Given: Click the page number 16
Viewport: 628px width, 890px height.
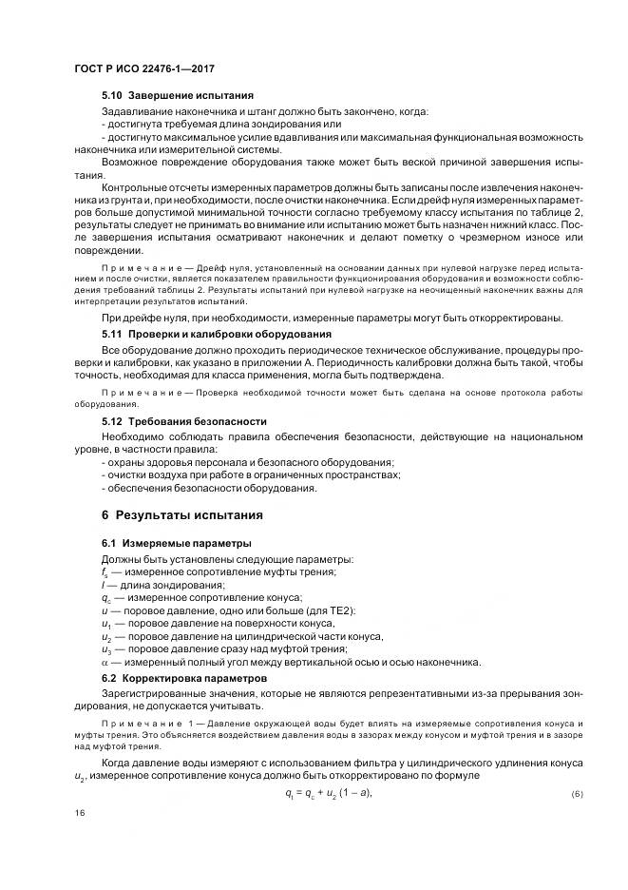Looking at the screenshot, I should (80, 813).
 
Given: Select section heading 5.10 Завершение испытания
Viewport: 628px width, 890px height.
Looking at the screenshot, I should (177, 97).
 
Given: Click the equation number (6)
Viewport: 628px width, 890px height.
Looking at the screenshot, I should (577, 793).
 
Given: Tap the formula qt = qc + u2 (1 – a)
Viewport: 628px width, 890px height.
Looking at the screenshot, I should (328, 792).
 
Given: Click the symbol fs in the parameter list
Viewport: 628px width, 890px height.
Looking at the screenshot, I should (105, 571).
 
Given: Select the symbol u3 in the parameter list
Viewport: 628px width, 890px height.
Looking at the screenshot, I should (106, 649).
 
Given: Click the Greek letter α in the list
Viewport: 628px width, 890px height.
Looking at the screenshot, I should (105, 662).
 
